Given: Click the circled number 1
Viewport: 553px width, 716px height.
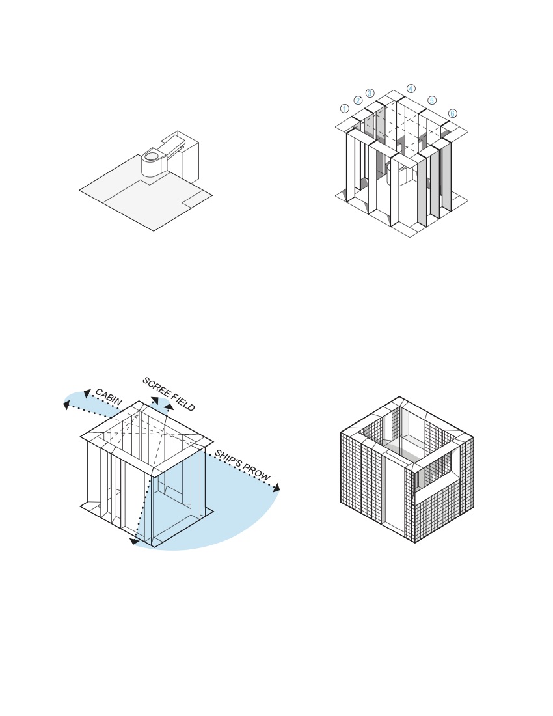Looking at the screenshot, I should point(345,109).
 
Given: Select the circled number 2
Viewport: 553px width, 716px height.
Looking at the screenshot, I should point(358,100).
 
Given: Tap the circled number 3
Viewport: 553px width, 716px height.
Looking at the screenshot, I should point(370,93).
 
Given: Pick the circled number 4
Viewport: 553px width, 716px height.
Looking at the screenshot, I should point(411,89).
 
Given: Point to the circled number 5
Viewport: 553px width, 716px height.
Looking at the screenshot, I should point(432,100).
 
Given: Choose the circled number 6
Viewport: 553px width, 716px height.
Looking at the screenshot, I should point(452,113).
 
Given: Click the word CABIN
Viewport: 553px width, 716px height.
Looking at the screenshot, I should point(109,398).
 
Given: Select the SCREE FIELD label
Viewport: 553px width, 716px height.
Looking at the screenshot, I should point(169,394).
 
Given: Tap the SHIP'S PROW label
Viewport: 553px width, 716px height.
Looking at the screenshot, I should point(242,466).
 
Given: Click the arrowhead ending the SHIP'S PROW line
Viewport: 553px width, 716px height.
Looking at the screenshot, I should point(276,488).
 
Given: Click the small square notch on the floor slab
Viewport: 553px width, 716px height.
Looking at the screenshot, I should point(196,198).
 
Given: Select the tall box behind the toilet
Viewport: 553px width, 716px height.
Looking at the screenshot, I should point(190,159).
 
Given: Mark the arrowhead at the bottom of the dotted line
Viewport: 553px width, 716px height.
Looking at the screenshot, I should point(134,540).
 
